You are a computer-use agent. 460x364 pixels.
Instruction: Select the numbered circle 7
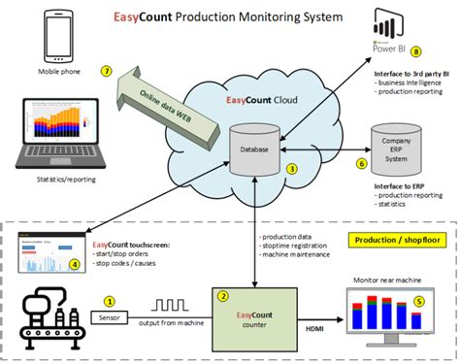coord(107,71)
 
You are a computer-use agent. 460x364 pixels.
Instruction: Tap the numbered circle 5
coord(419,300)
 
